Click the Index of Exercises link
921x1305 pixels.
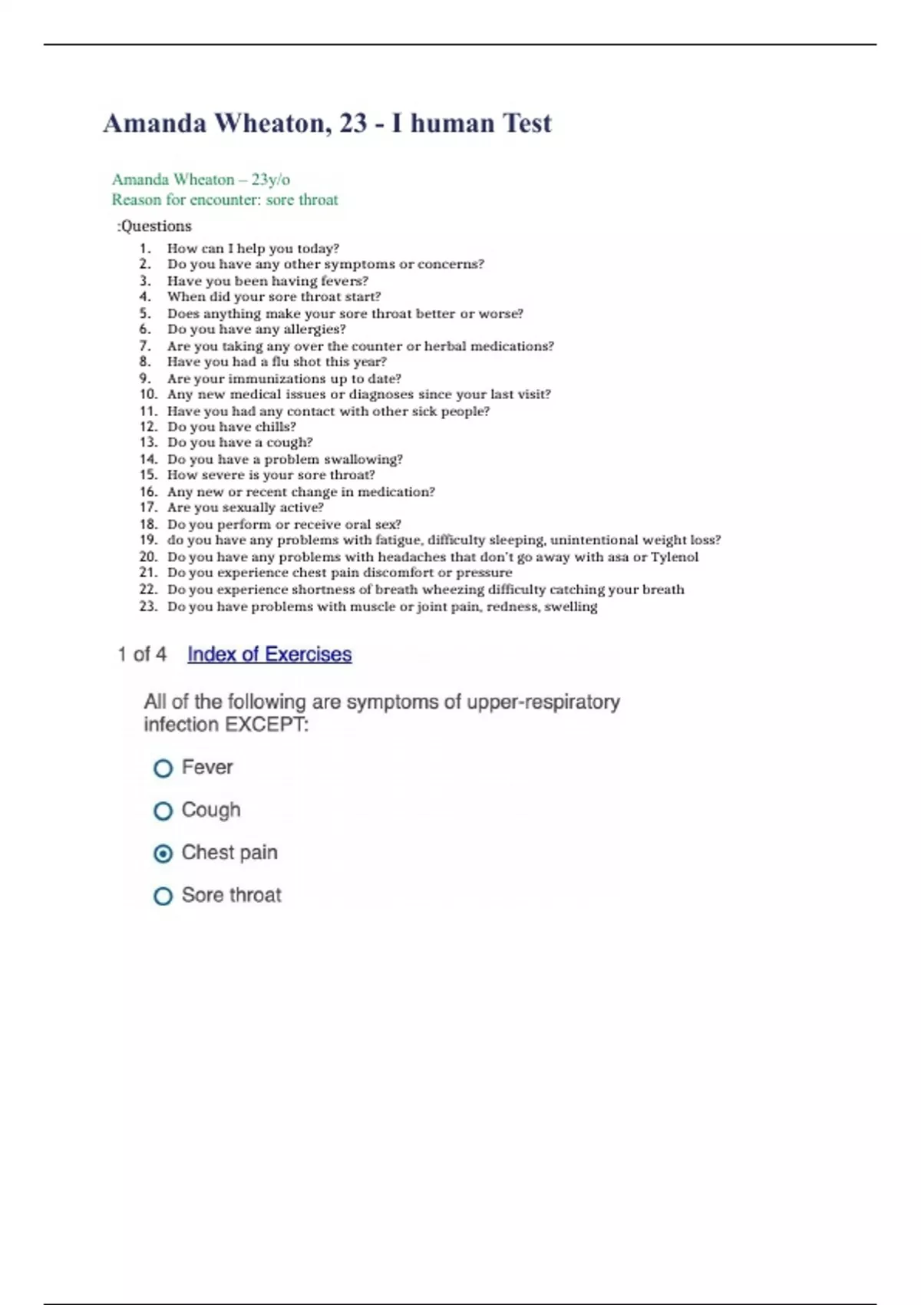click(269, 654)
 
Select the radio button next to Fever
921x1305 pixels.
click(163, 768)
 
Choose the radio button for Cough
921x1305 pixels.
click(163, 811)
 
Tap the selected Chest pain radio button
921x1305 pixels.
click(163, 854)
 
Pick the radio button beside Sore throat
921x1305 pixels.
click(163, 896)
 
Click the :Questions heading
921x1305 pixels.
click(154, 226)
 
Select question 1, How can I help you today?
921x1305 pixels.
click(253, 249)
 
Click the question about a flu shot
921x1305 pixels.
click(276, 362)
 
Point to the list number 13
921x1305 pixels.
click(148, 442)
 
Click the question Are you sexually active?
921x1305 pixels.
click(245, 507)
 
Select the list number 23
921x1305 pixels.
click(148, 606)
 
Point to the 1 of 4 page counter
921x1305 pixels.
click(142, 654)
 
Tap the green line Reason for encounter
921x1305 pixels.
click(224, 200)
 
